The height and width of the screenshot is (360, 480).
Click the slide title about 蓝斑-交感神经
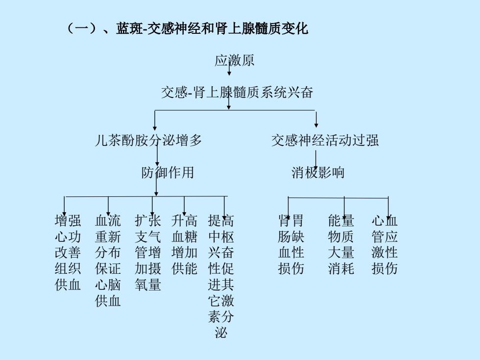coord(187,28)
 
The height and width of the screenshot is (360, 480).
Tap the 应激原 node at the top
coord(234,60)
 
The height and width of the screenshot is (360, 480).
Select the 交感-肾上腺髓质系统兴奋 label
coord(237,92)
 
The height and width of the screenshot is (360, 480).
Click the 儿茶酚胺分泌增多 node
coord(148,140)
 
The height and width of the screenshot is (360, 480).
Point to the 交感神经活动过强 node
coord(325,140)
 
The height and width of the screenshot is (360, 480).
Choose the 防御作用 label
coord(168,172)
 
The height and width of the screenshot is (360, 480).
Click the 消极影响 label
coord(318,172)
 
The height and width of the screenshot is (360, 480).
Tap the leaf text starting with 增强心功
coord(68,253)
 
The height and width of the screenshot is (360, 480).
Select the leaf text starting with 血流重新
coord(108,261)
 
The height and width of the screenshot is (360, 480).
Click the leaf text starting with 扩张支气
coord(148,253)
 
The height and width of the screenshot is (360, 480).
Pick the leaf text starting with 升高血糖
coord(184,244)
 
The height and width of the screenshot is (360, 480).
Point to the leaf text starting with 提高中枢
coord(221,276)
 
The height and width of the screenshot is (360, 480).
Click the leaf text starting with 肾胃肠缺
coord(291,244)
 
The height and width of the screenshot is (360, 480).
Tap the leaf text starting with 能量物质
coord(341,244)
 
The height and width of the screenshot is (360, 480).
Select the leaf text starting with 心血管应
coord(384,244)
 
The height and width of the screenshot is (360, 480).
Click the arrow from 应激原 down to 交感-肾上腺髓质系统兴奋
coord(229,68)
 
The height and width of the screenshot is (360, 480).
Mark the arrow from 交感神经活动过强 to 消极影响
coord(315,160)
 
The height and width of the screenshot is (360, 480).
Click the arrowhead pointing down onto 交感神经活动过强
coord(316,125)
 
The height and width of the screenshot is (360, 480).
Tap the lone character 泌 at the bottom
coord(221,333)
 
